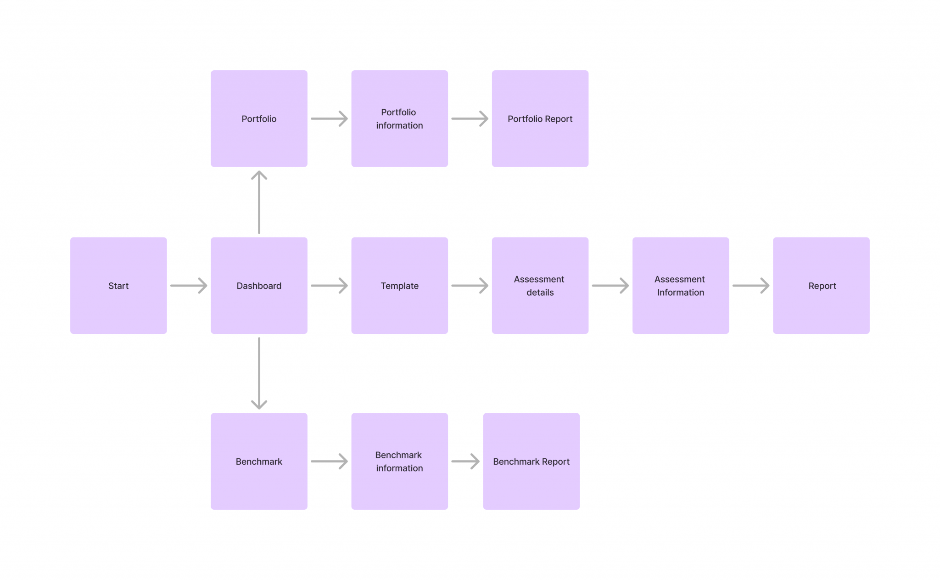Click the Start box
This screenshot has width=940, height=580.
pos(118,285)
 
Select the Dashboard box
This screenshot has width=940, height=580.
pos(259,285)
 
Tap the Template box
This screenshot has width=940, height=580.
pos(399,285)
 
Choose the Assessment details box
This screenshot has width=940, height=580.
pos(540,285)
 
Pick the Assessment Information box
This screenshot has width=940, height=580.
pos(680,285)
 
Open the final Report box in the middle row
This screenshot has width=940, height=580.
pos(821,285)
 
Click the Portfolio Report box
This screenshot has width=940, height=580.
pos(540,118)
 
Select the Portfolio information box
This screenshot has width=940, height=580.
pos(399,118)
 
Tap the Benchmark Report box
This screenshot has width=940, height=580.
pos(531,461)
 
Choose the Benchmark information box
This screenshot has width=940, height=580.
pos(399,461)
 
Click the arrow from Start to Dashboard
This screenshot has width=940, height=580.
pos(189,286)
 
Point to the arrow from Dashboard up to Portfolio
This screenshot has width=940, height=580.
pos(259,202)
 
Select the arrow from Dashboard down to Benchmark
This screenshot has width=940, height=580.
pos(259,373)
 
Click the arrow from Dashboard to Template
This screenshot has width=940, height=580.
pos(329,286)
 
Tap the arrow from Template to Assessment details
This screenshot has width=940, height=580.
pos(470,286)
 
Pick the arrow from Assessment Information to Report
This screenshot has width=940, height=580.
pos(751,286)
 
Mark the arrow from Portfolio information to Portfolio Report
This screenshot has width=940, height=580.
pos(470,118)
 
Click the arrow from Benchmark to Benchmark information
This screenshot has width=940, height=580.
pos(329,462)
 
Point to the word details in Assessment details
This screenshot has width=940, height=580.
pos(540,293)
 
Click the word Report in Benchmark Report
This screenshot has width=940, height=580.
pos(555,462)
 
